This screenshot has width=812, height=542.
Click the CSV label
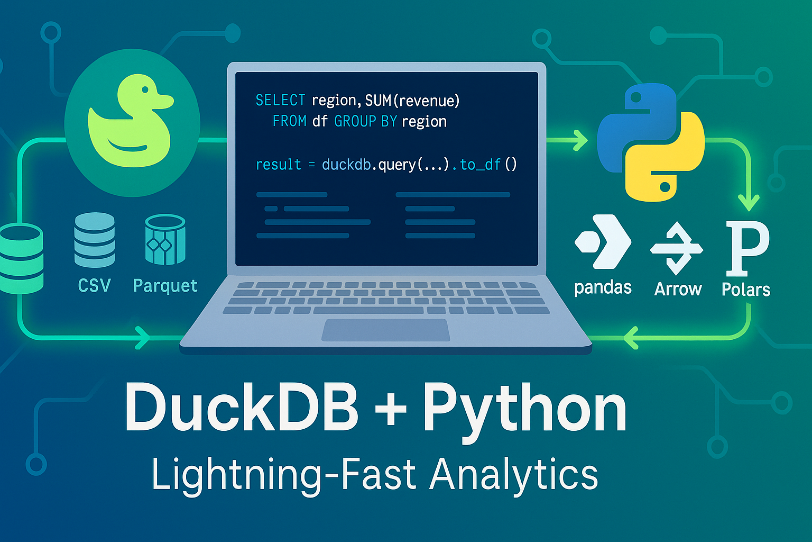tap(94, 286)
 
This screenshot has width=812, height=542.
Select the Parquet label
tap(165, 286)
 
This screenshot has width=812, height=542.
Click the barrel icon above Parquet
tap(165, 239)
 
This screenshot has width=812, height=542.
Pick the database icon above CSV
tap(94, 239)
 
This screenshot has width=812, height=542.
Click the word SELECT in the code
tap(280, 100)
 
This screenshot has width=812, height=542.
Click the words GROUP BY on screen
tap(365, 121)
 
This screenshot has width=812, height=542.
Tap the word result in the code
tap(278, 165)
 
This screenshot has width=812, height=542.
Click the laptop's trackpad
tap(386, 330)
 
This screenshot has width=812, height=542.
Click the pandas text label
tap(603, 287)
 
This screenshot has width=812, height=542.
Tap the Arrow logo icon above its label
tap(676, 248)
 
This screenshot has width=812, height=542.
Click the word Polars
tap(746, 290)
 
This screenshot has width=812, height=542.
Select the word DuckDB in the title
tap(242, 408)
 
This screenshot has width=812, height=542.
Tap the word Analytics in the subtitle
tap(513, 474)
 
